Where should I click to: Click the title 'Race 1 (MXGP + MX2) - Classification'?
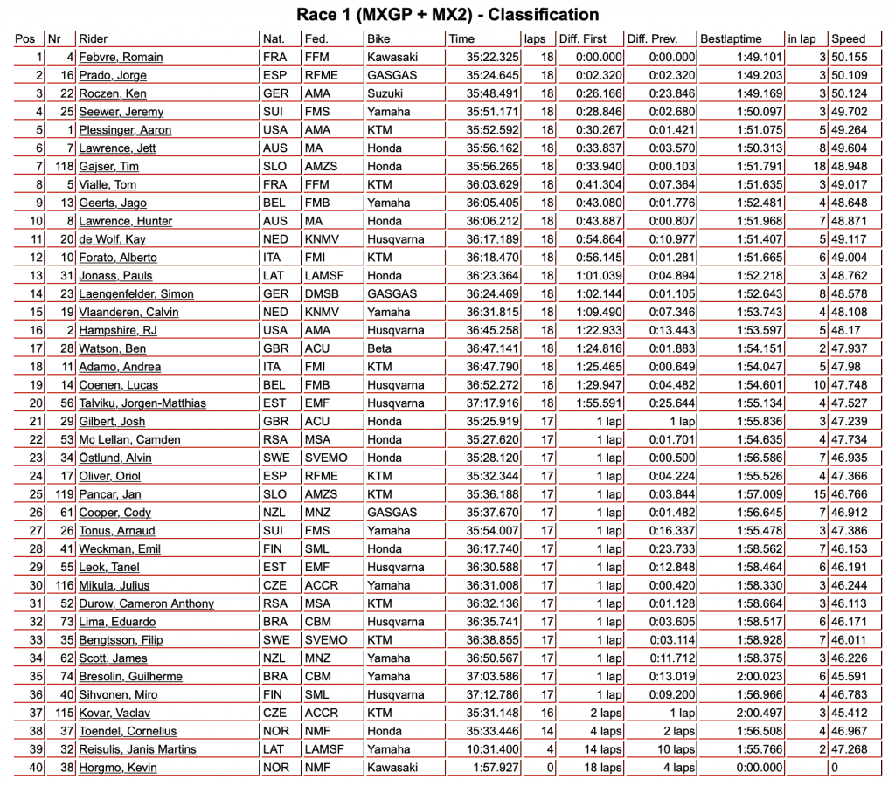click(447, 15)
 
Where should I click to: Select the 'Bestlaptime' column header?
click(731, 39)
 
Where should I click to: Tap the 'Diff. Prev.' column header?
click(654, 39)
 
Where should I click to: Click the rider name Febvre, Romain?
click(121, 58)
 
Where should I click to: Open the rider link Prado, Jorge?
click(113, 76)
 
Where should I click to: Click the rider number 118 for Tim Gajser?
click(61, 167)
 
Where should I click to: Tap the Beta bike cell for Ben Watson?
click(379, 348)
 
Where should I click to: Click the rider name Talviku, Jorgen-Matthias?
click(142, 403)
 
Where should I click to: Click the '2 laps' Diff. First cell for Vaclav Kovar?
click(604, 713)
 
